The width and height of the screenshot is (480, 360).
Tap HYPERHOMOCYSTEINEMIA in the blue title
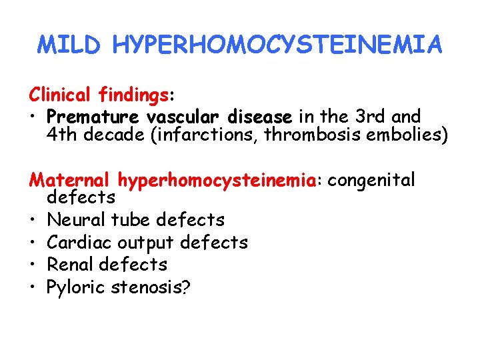[x=277, y=45]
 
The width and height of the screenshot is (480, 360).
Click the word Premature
[x=93, y=117]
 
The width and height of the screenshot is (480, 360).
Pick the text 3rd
[x=371, y=117]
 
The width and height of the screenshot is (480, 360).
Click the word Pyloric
[x=75, y=287]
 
